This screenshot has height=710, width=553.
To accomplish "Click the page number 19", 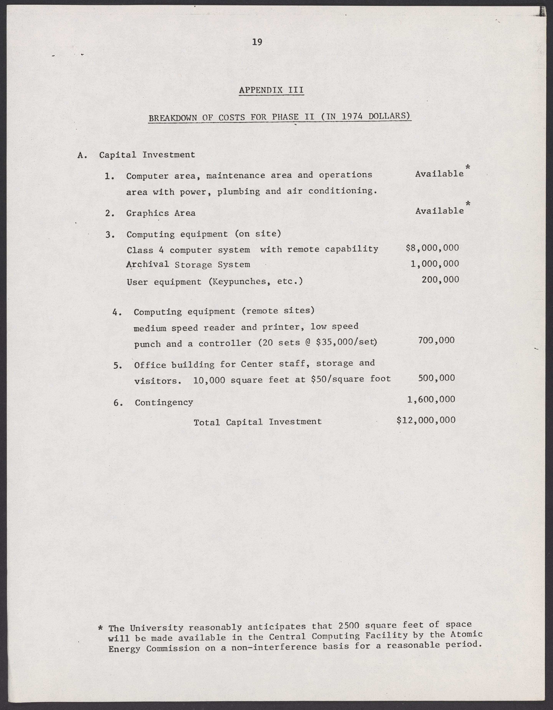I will [x=257, y=42].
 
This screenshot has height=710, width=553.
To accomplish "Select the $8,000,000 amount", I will [x=432, y=248].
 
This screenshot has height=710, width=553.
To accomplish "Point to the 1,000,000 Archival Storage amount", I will [x=435, y=264].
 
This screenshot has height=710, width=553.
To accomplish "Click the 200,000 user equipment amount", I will [x=440, y=279].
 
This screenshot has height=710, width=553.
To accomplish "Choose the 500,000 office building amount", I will [x=436, y=378].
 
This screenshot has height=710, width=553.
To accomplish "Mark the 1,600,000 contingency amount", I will [x=431, y=399].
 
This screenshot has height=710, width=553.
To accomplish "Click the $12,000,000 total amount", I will [x=426, y=420].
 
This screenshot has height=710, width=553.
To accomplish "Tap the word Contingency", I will [x=164, y=403].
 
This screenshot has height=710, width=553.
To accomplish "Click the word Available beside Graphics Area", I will [x=440, y=211].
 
